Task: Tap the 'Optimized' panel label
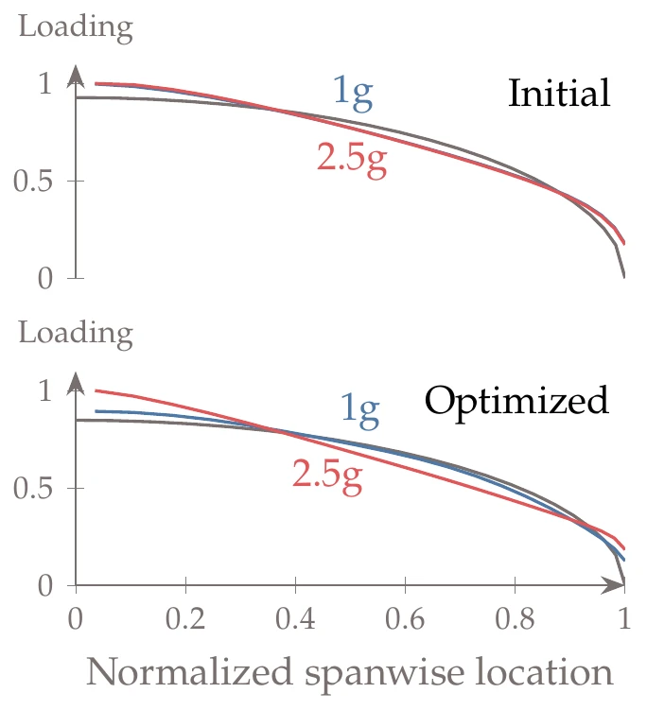(516, 401)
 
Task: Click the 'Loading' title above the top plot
(76, 26)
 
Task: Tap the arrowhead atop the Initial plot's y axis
(76, 78)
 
